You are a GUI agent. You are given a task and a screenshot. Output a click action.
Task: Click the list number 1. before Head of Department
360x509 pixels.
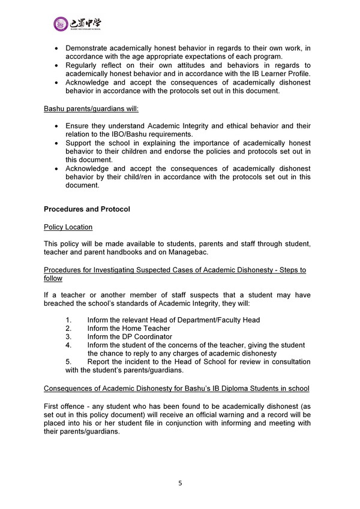(68, 320)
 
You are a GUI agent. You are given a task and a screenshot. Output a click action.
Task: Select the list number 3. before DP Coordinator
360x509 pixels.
(68, 337)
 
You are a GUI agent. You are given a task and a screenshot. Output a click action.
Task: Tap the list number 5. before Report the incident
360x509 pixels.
(68, 362)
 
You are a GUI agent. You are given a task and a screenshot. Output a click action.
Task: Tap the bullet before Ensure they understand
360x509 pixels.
(56, 127)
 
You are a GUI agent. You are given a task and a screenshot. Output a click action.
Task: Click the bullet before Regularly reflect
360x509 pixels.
(56, 65)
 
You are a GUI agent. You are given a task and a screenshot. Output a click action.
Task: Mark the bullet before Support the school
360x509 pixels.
(56, 143)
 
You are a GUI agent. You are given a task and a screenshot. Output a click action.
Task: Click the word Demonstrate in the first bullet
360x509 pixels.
(88, 47)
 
